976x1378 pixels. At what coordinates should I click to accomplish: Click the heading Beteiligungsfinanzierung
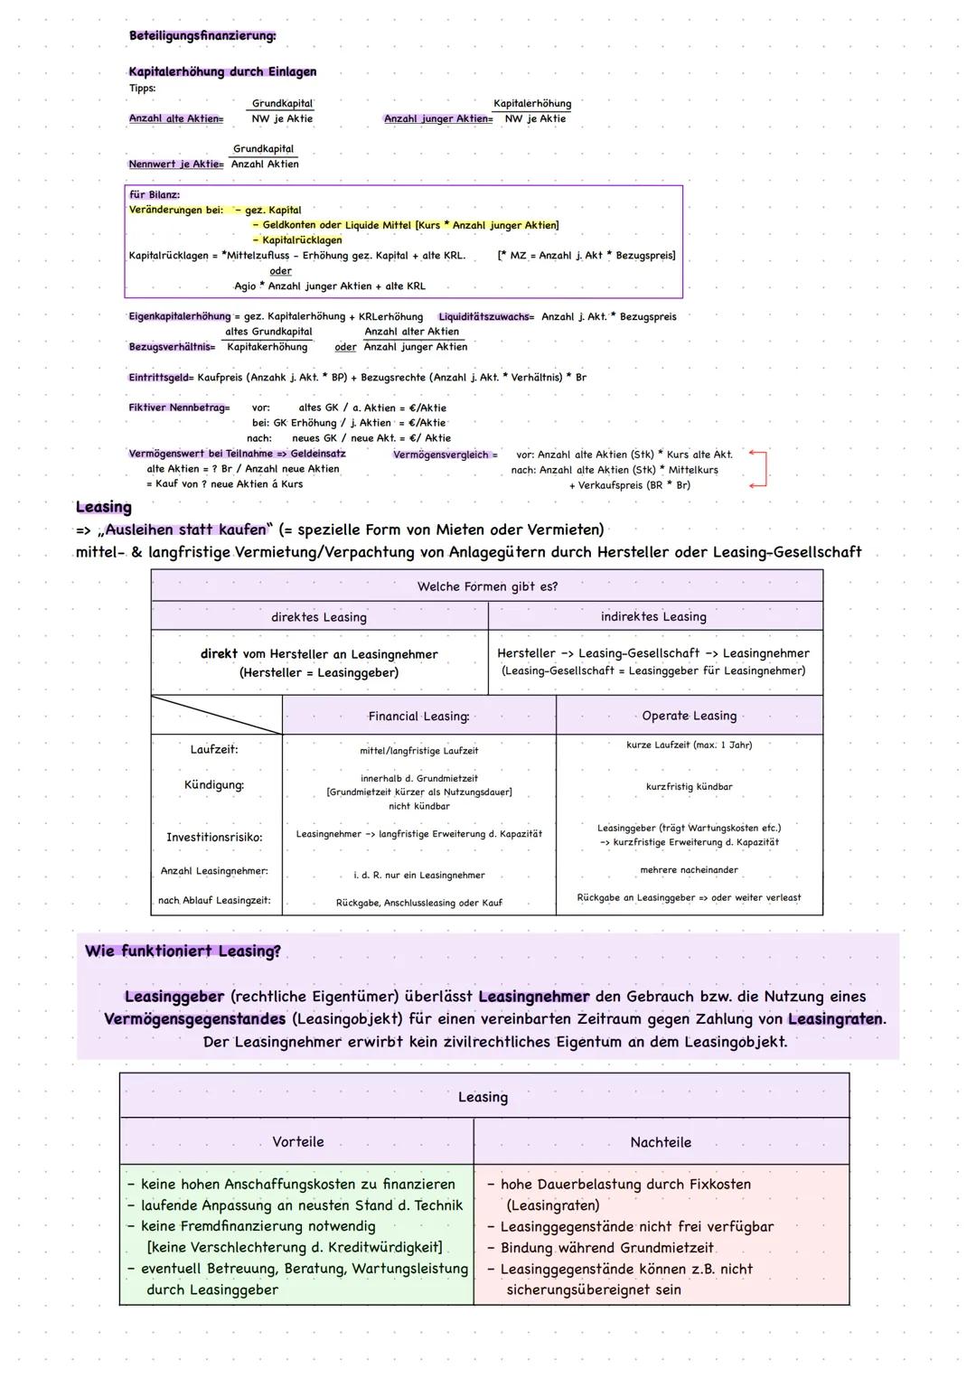click(202, 36)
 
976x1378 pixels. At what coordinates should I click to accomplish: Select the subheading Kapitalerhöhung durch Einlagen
click(222, 71)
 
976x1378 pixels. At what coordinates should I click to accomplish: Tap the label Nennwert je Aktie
click(175, 164)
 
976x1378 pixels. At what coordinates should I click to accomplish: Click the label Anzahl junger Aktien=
click(438, 119)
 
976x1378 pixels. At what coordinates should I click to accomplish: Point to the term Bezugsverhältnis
click(172, 347)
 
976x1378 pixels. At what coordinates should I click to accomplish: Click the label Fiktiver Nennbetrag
click(179, 408)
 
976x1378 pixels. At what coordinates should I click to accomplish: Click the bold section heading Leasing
click(104, 507)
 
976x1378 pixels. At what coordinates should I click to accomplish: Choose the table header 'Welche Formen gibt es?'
click(487, 586)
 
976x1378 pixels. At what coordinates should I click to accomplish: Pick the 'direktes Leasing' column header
click(319, 617)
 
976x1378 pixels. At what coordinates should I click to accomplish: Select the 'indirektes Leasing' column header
click(653, 616)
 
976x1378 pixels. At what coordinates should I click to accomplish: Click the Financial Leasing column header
click(418, 717)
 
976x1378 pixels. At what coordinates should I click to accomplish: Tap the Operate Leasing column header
click(689, 716)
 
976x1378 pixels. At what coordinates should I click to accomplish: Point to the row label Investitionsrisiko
click(214, 838)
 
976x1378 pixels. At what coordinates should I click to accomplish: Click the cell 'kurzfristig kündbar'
click(689, 787)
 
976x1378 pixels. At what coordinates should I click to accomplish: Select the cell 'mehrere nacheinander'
click(689, 870)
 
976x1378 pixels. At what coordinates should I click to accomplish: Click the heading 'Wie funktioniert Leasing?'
click(183, 951)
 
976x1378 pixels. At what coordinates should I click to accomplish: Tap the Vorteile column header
click(297, 1142)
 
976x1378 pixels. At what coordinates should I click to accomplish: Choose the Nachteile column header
click(661, 1142)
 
